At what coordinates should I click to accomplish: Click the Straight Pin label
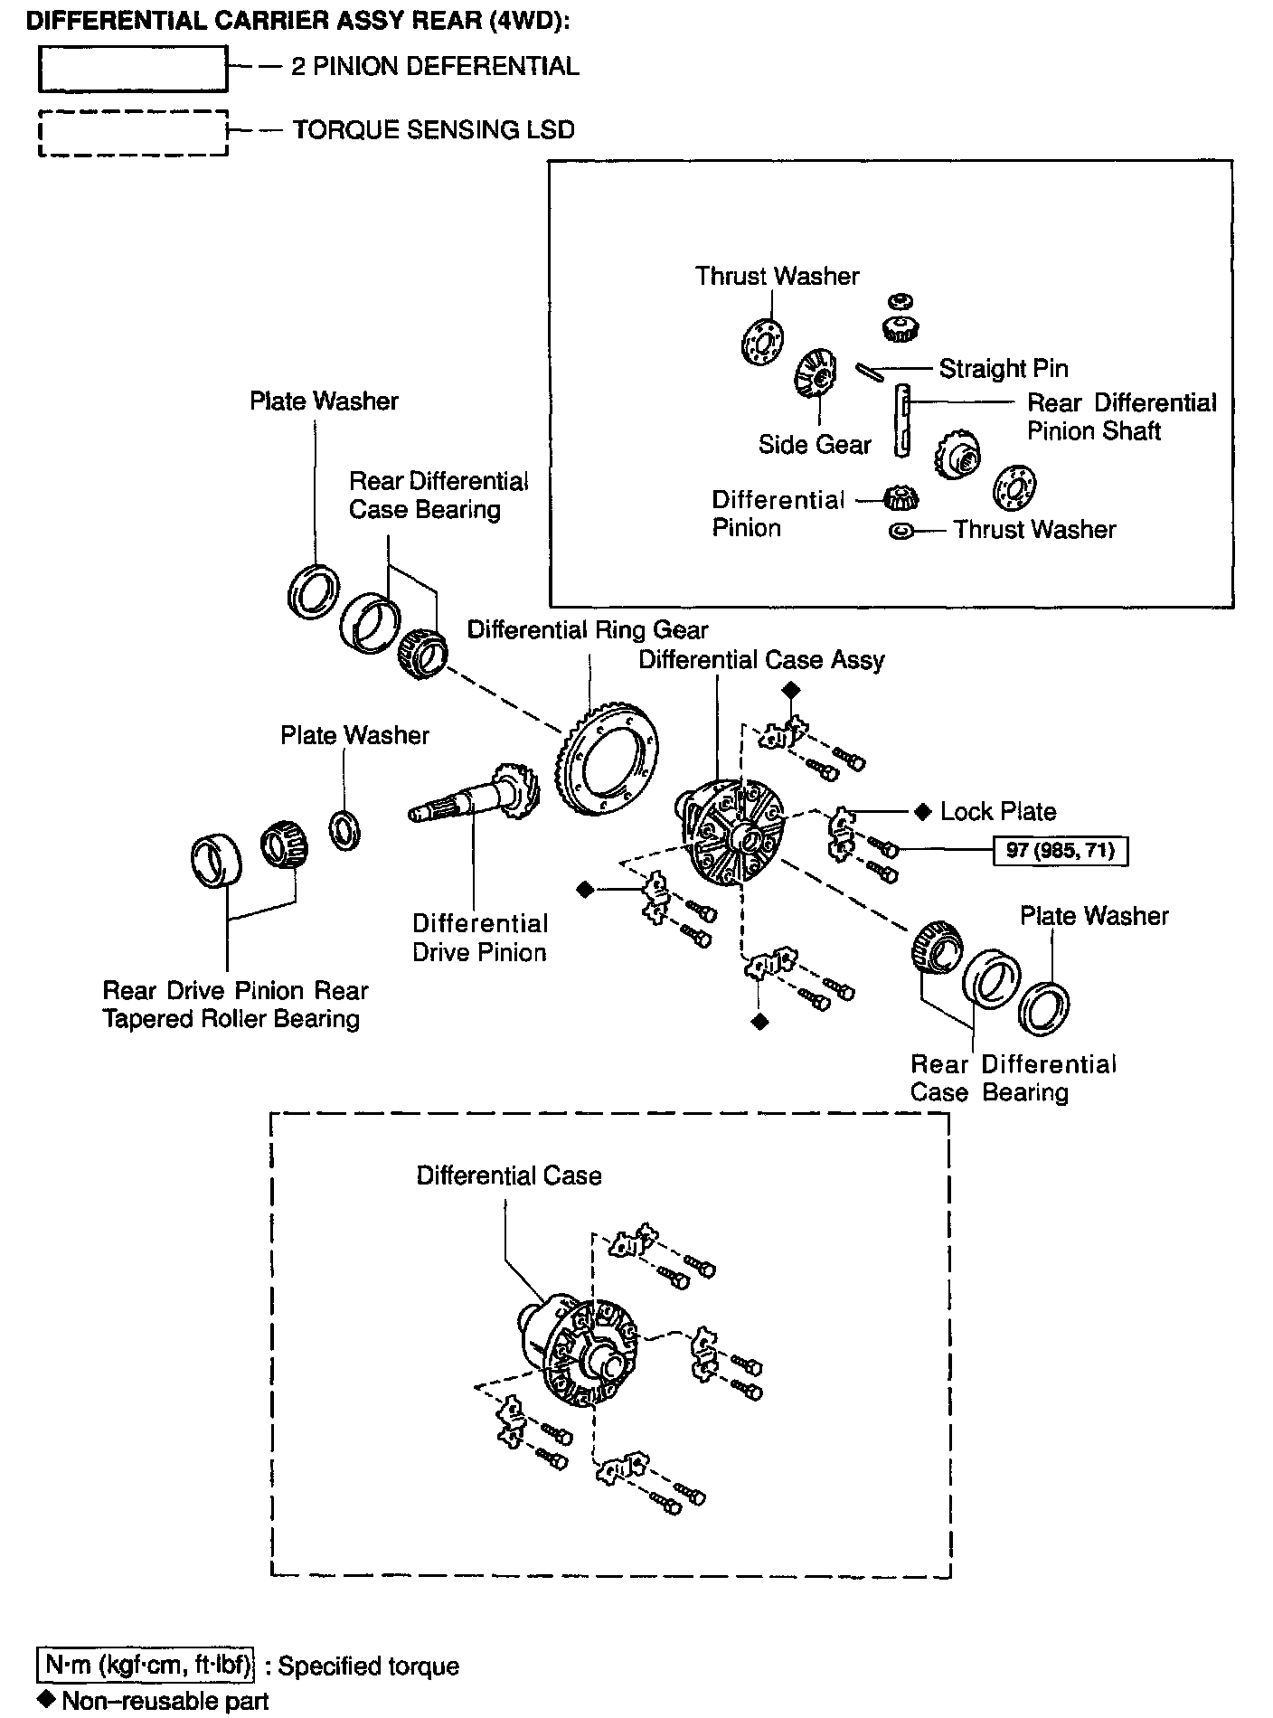coord(1003,369)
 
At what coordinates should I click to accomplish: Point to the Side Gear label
coord(815,445)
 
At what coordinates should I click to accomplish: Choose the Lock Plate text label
coord(997,812)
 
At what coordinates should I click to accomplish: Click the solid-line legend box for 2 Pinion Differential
coord(132,69)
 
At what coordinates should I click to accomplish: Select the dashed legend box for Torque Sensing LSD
coord(132,133)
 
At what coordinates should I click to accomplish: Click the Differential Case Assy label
coord(761,660)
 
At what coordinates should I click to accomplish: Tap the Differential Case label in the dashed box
coord(509,1175)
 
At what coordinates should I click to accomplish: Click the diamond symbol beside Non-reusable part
coord(48,1699)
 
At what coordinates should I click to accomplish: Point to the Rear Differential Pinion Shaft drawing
coord(902,420)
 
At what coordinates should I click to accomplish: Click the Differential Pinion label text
coord(777,514)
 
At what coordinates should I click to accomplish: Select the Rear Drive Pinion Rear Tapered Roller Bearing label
coord(235,1005)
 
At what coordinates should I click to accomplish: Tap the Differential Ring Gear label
coord(588,629)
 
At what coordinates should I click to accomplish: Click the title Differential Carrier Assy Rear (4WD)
coord(298,22)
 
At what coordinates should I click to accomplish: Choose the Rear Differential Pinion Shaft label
coord(1121,417)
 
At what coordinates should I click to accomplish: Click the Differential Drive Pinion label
coord(480,938)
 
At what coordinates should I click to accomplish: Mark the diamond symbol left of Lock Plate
coord(922,812)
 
